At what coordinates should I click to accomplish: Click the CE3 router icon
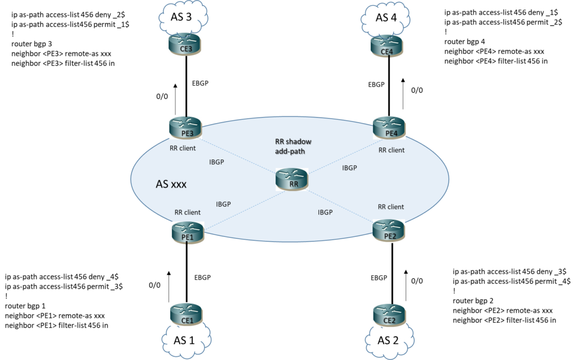tap(185, 44)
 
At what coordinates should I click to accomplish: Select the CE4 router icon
tap(387, 46)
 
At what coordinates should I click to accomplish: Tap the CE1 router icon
tap(186, 314)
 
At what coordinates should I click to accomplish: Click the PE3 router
tap(185, 127)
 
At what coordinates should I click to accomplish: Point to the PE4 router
tap(389, 127)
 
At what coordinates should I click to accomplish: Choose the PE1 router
tap(188, 232)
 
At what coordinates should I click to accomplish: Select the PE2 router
tap(389, 230)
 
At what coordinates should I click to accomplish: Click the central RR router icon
tap(292, 179)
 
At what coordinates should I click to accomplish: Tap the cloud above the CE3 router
tap(184, 17)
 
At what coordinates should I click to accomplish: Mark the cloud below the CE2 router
tap(389, 341)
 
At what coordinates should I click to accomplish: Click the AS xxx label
tap(171, 184)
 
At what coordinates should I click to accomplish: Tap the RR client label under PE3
tap(183, 149)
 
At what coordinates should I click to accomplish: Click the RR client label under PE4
tap(391, 150)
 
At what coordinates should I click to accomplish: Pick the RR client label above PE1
tap(187, 212)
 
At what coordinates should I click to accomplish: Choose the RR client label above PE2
tap(390, 207)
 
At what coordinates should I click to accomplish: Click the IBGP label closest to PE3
tap(216, 162)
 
